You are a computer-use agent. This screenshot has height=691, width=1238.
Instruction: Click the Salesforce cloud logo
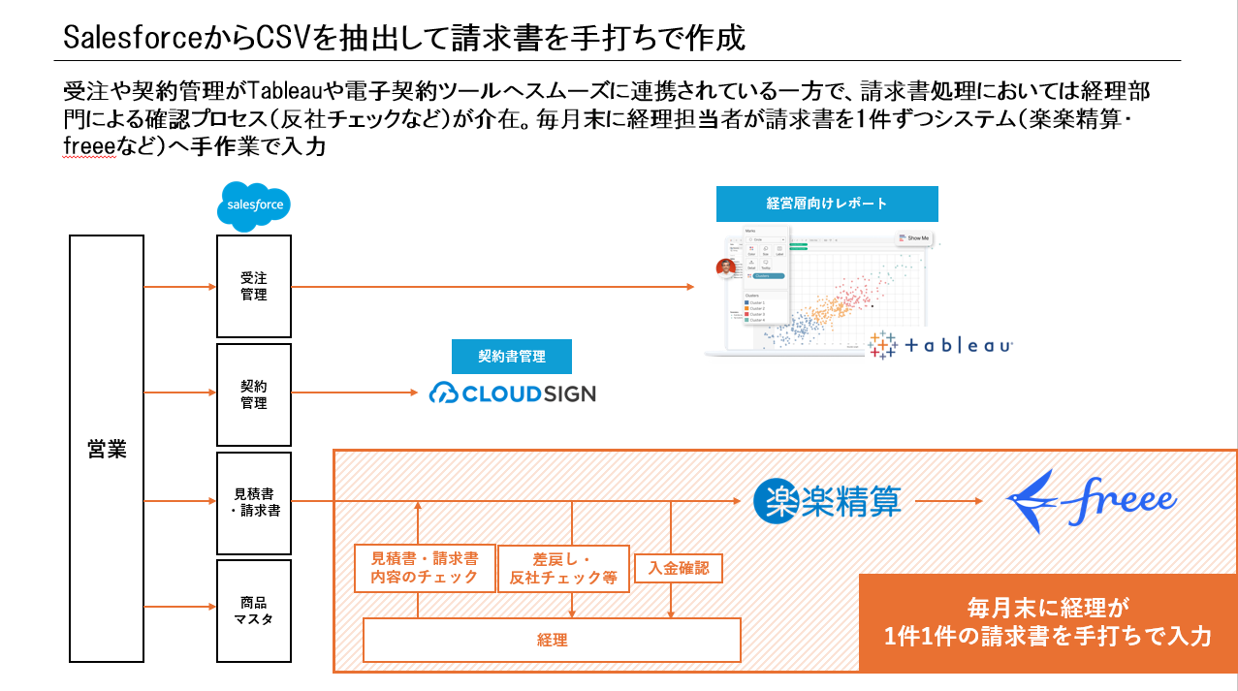[254, 206]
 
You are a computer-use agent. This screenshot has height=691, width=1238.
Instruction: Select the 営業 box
[107, 449]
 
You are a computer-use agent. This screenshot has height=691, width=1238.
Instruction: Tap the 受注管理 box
[253, 286]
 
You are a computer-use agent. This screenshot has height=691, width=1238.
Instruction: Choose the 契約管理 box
[253, 393]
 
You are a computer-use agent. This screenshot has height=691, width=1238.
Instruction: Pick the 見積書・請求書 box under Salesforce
[253, 502]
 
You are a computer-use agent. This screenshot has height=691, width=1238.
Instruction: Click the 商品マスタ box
[253, 611]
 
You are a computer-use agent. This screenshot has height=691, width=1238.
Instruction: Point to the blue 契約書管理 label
[512, 356]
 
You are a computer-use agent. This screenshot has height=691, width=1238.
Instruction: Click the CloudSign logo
[512, 393]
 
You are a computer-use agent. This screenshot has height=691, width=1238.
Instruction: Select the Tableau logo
[940, 345]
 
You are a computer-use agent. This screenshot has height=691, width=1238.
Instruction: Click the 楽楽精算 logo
[828, 500]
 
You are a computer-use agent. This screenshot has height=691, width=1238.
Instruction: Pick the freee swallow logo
[1091, 500]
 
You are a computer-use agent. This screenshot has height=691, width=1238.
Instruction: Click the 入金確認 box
[678, 567]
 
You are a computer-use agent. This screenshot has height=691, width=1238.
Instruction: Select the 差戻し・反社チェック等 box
[562, 568]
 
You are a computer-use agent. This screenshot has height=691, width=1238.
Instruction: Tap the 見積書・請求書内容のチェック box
[425, 568]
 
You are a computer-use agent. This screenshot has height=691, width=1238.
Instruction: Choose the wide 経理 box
[552, 640]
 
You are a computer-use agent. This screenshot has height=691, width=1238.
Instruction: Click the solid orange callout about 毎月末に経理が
[1048, 622]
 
